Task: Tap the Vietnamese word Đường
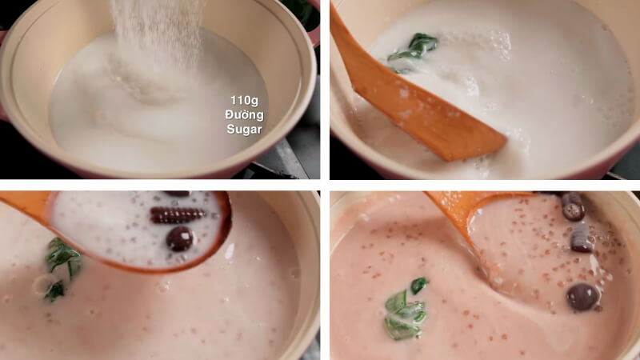pos(244,114)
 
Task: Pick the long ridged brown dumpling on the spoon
pos(178,214)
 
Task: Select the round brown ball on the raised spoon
pos(179,238)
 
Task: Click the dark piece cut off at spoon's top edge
pos(177,194)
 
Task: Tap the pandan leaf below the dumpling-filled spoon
pos(61,264)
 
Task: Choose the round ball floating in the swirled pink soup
pos(583,297)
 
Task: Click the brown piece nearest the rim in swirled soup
pos(572,206)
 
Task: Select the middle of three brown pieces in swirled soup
pos(582,237)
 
